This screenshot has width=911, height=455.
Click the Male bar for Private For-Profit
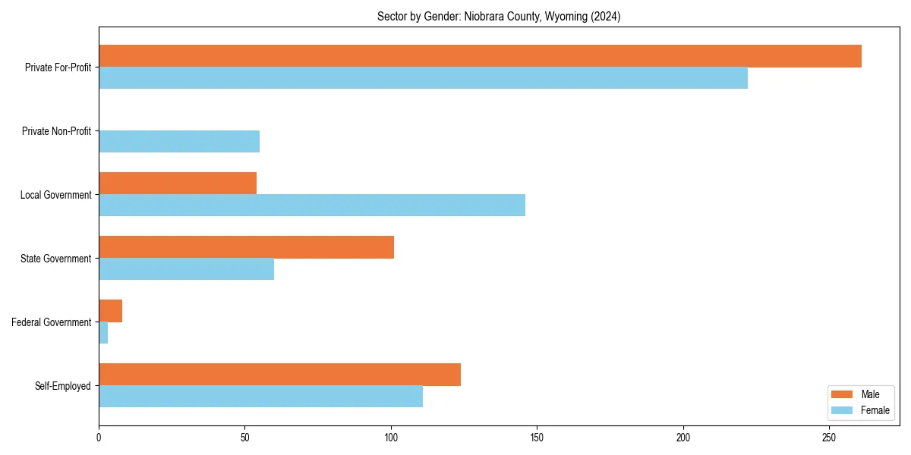point(480,56)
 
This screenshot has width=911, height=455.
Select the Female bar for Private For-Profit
point(423,78)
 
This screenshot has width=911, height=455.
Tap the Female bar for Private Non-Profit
point(179,142)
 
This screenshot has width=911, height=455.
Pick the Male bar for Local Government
point(178,184)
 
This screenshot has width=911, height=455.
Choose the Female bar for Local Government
point(312,206)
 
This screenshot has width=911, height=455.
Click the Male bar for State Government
point(246,247)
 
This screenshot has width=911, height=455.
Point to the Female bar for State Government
point(186,269)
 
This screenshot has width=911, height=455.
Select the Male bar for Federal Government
point(110,311)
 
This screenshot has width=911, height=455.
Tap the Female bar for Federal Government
point(103,333)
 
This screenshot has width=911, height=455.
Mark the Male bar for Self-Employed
point(279,375)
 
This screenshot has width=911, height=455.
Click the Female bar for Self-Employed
point(260,397)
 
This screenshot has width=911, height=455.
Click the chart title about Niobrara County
point(499,17)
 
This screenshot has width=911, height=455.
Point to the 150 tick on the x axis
point(537,438)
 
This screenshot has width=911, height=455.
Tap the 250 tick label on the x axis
point(829,438)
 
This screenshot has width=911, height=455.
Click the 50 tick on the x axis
point(244,438)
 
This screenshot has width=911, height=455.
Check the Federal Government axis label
point(52,322)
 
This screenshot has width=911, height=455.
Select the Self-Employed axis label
point(63,386)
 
